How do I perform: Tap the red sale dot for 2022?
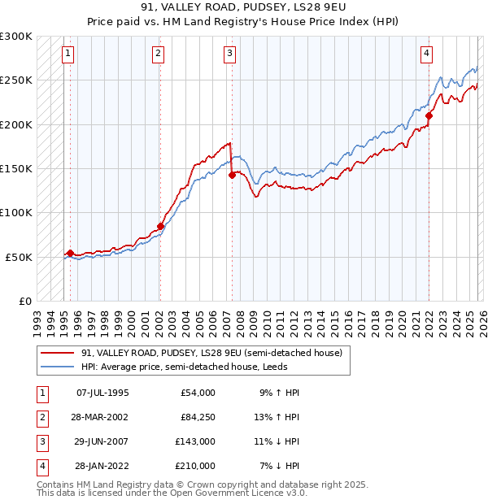click(x=429, y=115)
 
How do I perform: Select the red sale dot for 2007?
click(x=232, y=174)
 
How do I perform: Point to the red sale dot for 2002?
click(x=161, y=226)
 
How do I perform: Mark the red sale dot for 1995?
click(x=70, y=253)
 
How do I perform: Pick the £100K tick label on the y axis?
click(x=16, y=212)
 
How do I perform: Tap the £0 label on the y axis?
click(x=24, y=301)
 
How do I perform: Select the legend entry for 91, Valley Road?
click(x=211, y=353)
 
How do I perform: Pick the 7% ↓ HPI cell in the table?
click(x=280, y=466)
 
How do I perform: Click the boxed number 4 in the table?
click(x=39, y=466)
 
